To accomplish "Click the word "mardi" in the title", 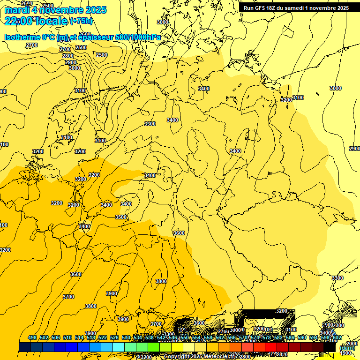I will pyautogui.click(x=16, y=10).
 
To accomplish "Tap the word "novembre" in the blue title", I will pyautogui.click(x=61, y=10).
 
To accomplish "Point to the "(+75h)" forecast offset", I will pyautogui.click(x=82, y=21).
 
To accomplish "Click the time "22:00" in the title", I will pyautogui.click(x=18, y=21).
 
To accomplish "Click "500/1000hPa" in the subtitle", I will pyautogui.click(x=136, y=37).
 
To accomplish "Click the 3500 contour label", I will pyautogui.click(x=121, y=217).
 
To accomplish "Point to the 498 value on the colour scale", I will pyautogui.click(x=32, y=338).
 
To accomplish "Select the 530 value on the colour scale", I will pyautogui.click(x=126, y=338).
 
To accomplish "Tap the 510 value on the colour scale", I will pyautogui.click(x=67, y=338).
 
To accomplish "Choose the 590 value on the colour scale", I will pyautogui.click(x=302, y=338).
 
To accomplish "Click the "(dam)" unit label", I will pyautogui.click(x=347, y=348).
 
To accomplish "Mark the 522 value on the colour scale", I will pyautogui.click(x=103, y=338).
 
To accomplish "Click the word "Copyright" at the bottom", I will pyautogui.click(x=177, y=357).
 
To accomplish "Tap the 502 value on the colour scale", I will pyautogui.click(x=44, y=338).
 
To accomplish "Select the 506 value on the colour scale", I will pyautogui.click(x=56, y=338).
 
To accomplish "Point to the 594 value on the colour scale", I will pyautogui.click(x=314, y=338).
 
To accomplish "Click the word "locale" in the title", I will pyautogui.click(x=52, y=21).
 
